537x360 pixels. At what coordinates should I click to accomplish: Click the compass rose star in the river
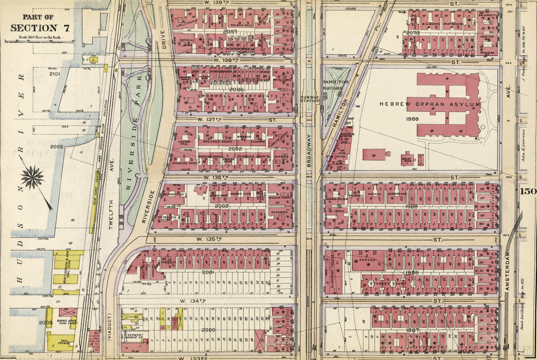click(33, 177)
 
